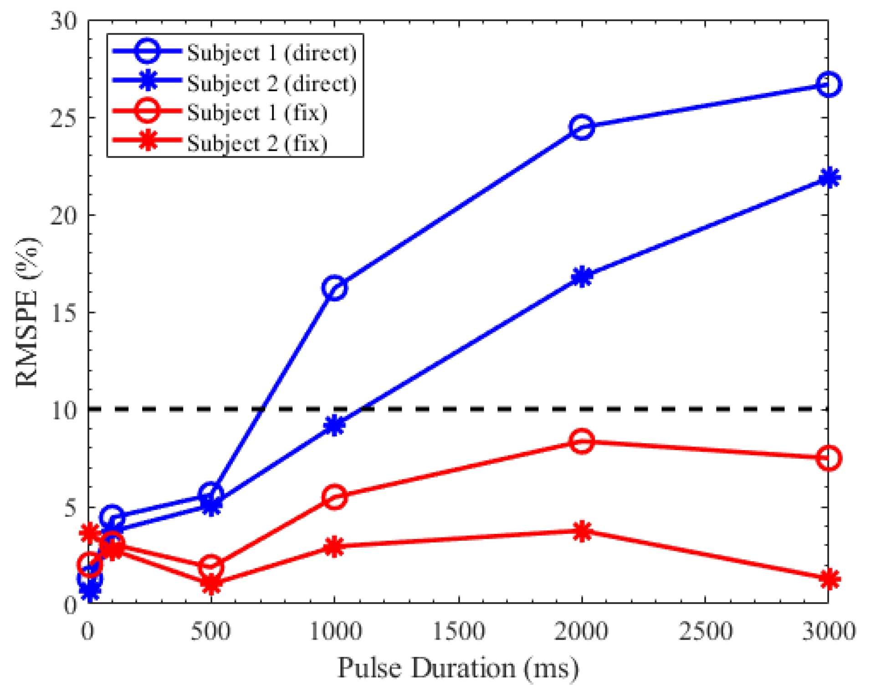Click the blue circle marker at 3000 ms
[828, 85]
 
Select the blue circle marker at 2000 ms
[582, 127]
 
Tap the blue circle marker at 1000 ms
[334, 288]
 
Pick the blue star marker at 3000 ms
[829, 178]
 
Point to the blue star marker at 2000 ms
[582, 277]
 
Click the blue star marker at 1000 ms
[334, 425]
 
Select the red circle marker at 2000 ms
[582, 441]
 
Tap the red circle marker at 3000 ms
[829, 458]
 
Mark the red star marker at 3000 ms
[829, 579]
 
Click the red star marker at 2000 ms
[582, 531]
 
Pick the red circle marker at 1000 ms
[334, 497]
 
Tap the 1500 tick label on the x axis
[458, 631]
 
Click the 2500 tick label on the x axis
[705, 631]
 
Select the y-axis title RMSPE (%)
[27, 312]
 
